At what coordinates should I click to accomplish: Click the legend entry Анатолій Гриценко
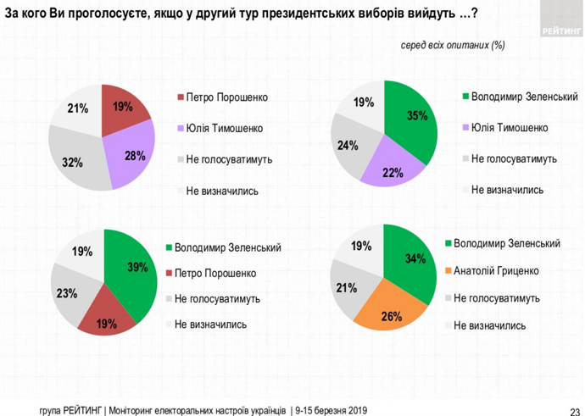point(495,271)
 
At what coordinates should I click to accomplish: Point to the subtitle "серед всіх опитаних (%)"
point(453,45)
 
